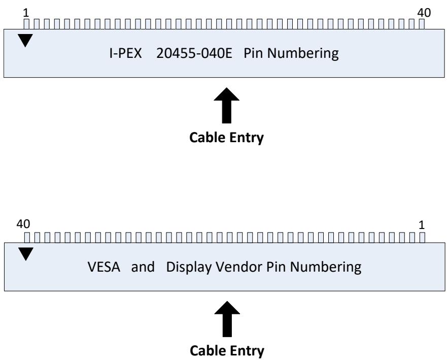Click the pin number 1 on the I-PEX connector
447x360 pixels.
26,13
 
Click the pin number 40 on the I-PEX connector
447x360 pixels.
424,13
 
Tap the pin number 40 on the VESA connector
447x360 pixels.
23,224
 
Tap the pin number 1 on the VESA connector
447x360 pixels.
422,225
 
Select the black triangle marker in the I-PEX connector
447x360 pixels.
25,40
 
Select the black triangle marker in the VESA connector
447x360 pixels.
26,254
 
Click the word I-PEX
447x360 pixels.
125,53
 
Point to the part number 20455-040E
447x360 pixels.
194,53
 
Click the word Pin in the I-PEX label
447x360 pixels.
253,53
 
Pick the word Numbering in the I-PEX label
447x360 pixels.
303,54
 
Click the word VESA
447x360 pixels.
104,267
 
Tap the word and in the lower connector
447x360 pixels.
143,267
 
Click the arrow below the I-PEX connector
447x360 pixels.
227,106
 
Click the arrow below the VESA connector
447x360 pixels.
227,319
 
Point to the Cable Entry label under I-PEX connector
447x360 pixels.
227,138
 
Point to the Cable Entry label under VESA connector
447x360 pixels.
227,351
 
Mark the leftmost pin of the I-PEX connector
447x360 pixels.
26,24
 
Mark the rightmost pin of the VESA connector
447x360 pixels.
422,238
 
